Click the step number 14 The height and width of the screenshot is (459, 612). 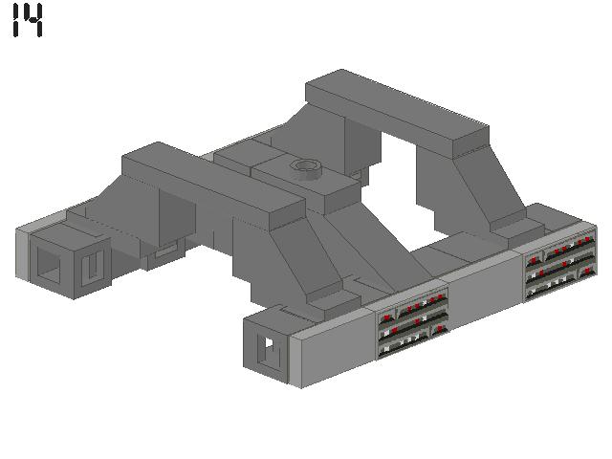[28, 20]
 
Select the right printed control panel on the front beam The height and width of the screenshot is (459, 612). [560, 260]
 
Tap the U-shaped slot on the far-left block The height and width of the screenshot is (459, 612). [92, 268]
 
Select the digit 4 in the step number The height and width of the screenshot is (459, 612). [33, 20]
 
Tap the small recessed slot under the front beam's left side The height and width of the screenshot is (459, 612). [165, 250]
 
